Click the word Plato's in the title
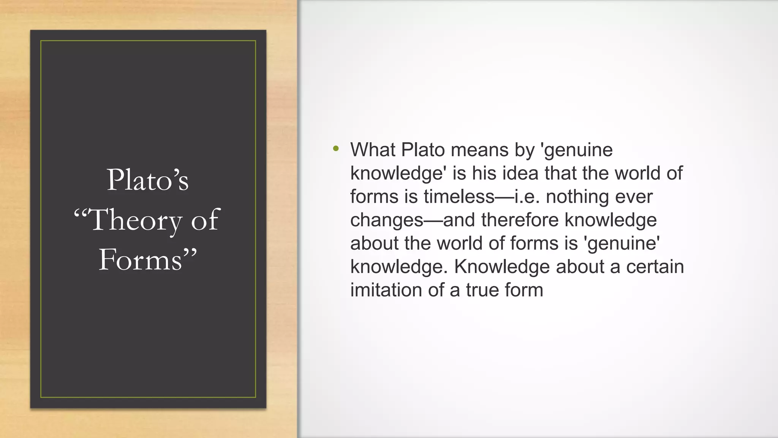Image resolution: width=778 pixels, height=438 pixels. coord(148,180)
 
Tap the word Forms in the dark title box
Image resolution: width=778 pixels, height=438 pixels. coord(140,260)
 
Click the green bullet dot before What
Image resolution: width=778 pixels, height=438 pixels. coord(335,149)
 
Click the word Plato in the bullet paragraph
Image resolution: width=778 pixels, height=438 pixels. coord(423,150)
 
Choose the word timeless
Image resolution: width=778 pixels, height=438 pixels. coord(459,197)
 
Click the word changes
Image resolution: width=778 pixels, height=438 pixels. coord(387,221)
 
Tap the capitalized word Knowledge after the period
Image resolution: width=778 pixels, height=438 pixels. coord(502,267)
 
